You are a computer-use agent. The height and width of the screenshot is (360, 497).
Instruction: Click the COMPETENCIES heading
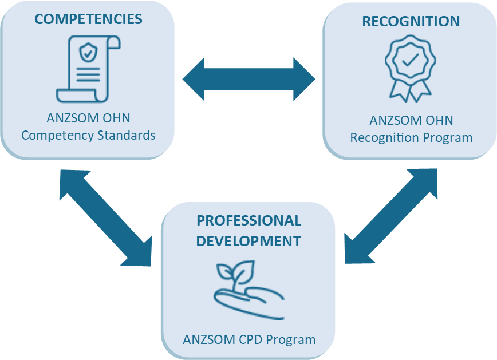click(x=88, y=19)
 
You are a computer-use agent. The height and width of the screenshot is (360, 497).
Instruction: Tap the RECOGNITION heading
click(x=411, y=22)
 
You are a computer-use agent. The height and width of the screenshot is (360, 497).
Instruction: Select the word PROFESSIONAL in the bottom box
click(x=249, y=221)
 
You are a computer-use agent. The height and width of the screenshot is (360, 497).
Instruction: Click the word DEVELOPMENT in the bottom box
click(x=249, y=241)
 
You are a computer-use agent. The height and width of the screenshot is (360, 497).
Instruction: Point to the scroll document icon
click(x=88, y=69)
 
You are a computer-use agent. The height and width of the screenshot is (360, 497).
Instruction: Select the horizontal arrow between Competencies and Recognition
click(x=249, y=79)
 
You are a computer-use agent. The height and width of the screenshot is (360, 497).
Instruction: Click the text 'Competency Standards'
click(x=88, y=136)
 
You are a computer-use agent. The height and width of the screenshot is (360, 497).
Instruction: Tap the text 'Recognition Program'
click(x=411, y=138)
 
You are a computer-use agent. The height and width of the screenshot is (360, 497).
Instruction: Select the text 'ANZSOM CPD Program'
click(x=249, y=339)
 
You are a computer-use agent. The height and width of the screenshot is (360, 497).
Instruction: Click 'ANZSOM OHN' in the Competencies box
click(x=88, y=118)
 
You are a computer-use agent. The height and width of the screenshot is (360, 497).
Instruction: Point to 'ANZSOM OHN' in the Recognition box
click(x=411, y=121)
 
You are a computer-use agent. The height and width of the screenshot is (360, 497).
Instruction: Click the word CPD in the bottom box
click(x=247, y=339)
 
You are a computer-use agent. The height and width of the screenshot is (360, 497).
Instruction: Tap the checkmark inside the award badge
click(x=410, y=60)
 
